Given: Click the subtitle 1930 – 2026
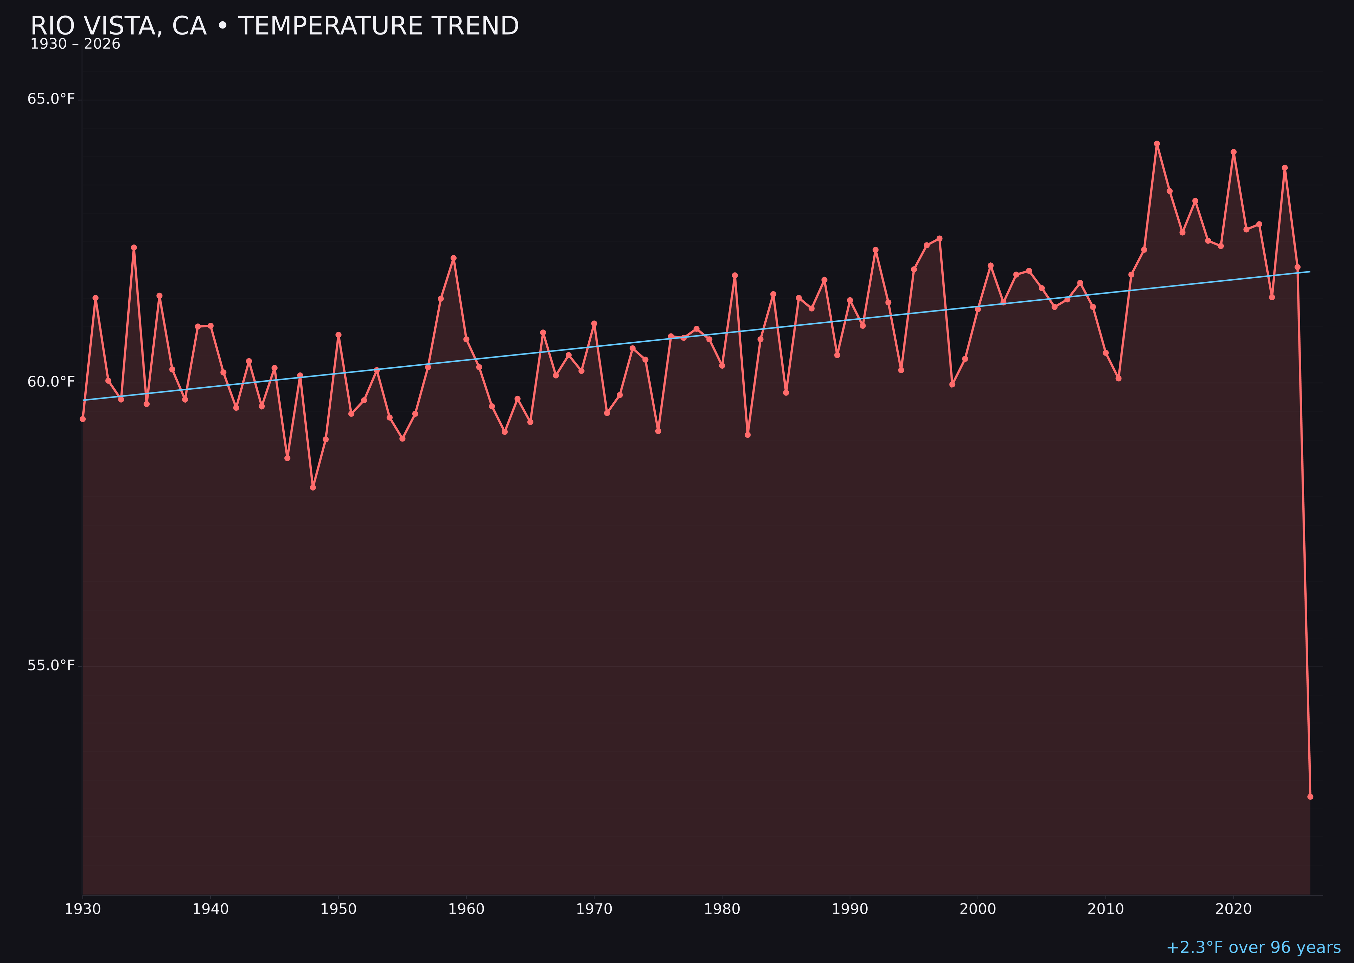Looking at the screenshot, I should click(x=75, y=44).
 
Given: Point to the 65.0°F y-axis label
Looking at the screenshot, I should click(x=51, y=99).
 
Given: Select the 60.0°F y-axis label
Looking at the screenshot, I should click(x=51, y=382).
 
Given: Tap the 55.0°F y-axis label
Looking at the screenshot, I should click(x=51, y=665).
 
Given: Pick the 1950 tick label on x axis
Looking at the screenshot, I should click(x=338, y=909).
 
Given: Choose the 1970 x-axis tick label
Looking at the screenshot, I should click(x=594, y=909).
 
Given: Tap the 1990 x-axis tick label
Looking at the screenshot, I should click(x=850, y=909).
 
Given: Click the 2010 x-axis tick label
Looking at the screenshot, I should click(x=1106, y=909).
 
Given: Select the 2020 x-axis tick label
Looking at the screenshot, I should click(x=1233, y=909).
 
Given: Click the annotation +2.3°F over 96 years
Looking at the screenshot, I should click(x=1253, y=947).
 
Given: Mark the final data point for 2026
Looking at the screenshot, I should click(x=1310, y=796).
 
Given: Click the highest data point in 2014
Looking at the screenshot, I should click(x=1157, y=144).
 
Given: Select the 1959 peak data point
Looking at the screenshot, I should click(x=454, y=258).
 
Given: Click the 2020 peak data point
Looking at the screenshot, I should click(x=1233, y=152).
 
